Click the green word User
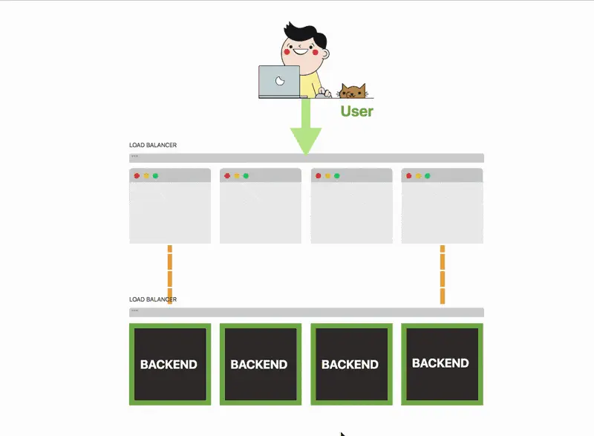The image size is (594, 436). click(356, 111)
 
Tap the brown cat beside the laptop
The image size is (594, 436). click(353, 91)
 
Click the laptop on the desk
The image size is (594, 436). click(280, 82)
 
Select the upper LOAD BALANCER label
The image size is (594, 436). click(153, 145)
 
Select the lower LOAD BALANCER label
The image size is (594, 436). click(153, 299)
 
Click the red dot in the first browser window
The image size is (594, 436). click(137, 176)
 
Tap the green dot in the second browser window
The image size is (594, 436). click(246, 176)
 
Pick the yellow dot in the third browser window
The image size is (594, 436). click(327, 176)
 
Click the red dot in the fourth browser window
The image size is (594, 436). click(409, 176)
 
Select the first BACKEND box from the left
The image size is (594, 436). click(169, 364)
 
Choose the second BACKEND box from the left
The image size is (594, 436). click(260, 364)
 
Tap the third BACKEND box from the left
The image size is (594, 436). click(350, 364)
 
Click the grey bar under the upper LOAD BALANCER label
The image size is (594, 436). click(306, 157)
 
